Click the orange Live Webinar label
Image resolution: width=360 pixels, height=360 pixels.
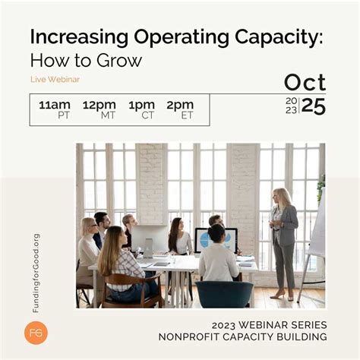55,79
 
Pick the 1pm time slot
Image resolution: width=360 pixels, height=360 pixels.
141,104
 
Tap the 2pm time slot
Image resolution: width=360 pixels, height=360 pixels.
180,104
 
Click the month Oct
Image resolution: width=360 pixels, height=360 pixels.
305,83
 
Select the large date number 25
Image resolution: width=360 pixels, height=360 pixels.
314,106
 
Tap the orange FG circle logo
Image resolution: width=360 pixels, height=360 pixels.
36,333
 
